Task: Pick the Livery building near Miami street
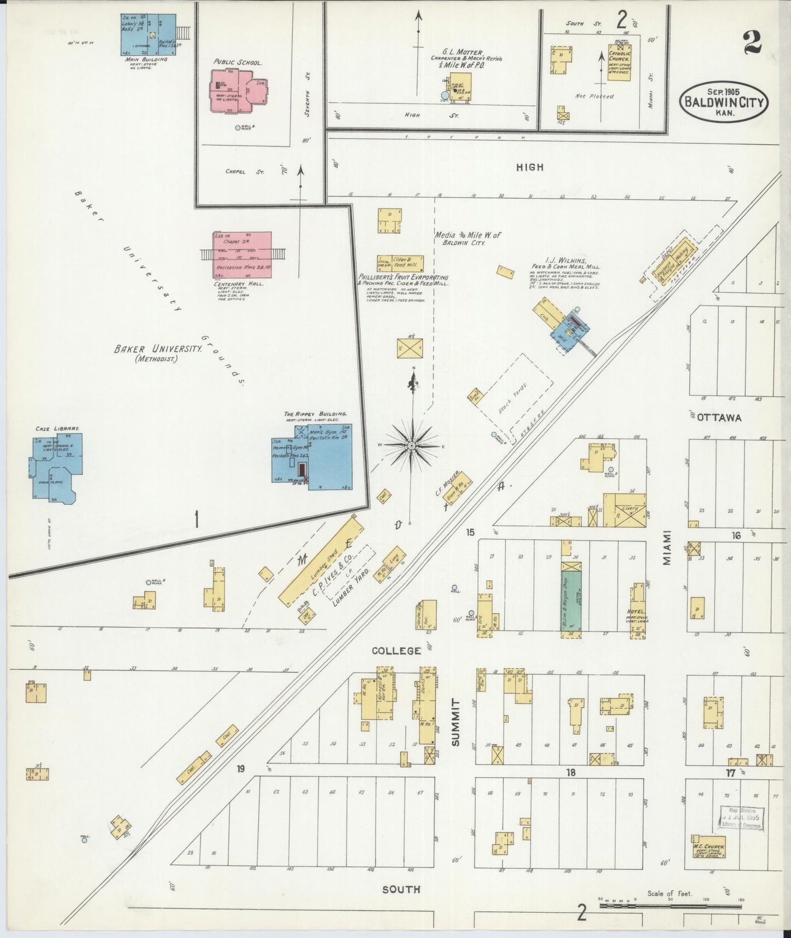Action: click(628, 510)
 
